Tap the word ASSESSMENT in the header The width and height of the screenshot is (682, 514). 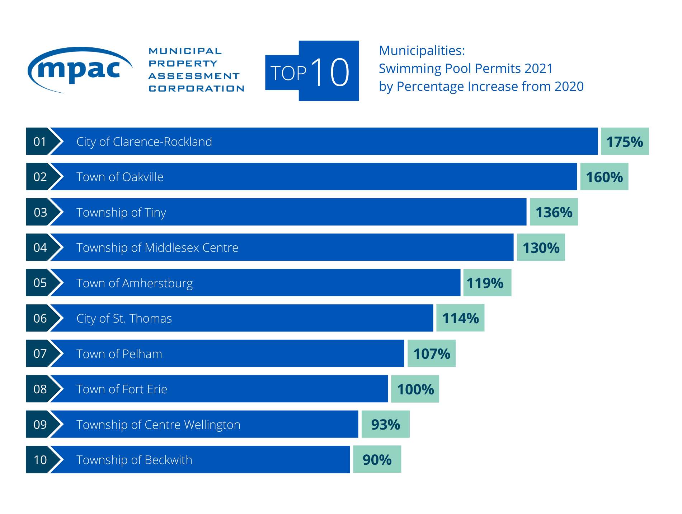194,76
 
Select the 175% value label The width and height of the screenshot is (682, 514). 624,142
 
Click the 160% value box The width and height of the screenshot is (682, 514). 604,177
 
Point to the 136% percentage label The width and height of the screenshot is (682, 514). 554,212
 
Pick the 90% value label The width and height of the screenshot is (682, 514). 377,460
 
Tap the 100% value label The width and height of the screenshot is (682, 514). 415,389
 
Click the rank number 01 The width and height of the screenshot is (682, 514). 40,142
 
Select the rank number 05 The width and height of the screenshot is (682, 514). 40,283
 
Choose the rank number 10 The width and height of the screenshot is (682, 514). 40,460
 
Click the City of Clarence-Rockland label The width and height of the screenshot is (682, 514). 144,142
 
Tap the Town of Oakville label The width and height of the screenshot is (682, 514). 120,177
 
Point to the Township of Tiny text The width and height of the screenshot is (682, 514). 121,212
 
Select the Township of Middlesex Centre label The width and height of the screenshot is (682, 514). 157,247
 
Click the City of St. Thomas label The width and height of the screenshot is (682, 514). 124,318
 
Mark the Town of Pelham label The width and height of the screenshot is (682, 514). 119,354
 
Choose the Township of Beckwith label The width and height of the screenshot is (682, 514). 134,460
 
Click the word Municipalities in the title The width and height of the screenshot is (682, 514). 422,51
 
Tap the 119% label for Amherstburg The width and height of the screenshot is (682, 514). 485,283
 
